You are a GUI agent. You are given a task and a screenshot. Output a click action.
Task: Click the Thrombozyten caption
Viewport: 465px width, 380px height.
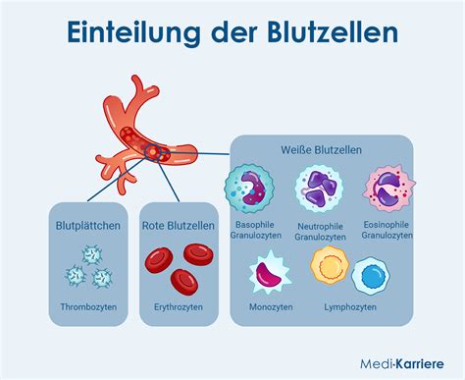89,307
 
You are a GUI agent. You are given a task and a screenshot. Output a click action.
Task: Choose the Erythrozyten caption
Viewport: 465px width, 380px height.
179,307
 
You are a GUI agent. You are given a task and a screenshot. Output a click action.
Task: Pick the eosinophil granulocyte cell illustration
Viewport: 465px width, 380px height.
387,189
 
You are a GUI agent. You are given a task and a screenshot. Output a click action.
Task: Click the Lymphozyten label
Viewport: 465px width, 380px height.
349,307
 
